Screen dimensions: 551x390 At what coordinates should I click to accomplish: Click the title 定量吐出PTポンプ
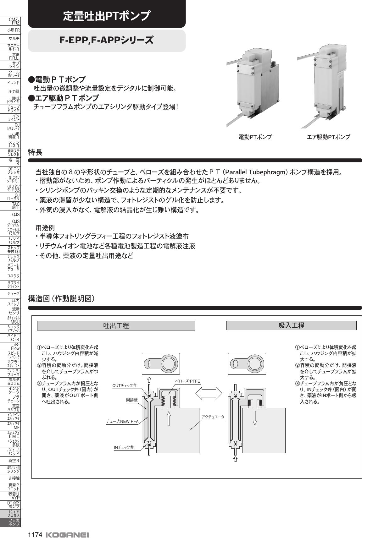[x=107, y=16]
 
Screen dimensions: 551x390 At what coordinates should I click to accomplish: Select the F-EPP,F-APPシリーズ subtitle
[x=107, y=41]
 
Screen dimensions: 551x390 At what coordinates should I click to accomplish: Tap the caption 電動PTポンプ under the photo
[x=255, y=137]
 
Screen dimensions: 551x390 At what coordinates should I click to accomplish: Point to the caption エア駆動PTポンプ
[x=328, y=137]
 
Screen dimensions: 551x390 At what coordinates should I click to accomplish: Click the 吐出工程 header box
[x=116, y=325]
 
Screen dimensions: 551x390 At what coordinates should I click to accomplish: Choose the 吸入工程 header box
[x=291, y=325]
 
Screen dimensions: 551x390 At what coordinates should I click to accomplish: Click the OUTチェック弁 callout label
[x=125, y=385]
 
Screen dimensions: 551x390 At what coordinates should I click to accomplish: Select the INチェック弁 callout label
[x=124, y=447]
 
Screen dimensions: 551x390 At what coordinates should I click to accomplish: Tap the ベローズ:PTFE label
[x=187, y=381]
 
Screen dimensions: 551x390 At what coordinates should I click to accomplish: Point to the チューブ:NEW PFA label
[x=122, y=421]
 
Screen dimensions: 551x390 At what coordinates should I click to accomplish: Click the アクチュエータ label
[x=213, y=417]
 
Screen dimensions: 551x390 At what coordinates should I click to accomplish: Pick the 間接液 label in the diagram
[x=132, y=400]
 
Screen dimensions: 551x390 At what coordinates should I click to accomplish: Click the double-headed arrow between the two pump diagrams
[x=209, y=393]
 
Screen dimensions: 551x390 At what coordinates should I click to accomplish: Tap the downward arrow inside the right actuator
[x=255, y=418]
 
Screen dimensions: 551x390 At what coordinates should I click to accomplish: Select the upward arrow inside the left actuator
[x=169, y=418]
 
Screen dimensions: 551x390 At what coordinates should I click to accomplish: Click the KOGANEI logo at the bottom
[x=67, y=535]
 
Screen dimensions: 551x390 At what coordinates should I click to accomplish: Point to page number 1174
[x=35, y=535]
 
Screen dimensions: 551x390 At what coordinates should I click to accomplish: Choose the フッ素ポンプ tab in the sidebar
[x=10, y=522]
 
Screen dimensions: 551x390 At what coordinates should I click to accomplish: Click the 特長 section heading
[x=35, y=152]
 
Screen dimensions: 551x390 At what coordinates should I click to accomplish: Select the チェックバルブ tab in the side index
[x=10, y=259]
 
